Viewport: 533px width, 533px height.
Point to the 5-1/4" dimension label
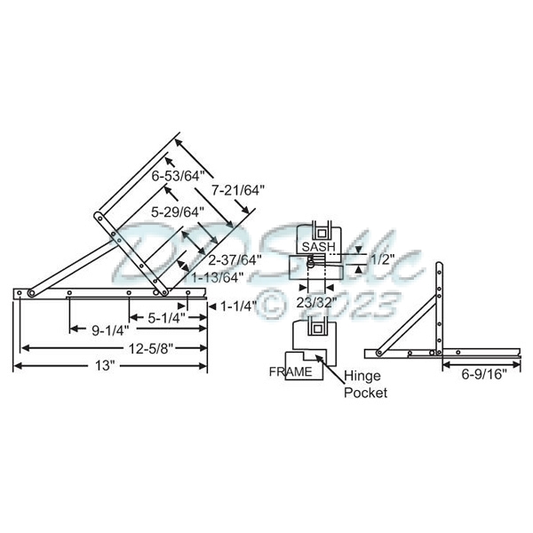coord(166,317)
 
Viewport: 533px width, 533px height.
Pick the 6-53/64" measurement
coord(178,175)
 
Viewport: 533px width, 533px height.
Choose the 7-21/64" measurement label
coord(238,189)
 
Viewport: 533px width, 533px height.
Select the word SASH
coord(319,246)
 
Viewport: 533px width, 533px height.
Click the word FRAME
coord(291,371)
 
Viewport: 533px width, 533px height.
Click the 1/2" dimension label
coord(382,259)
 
